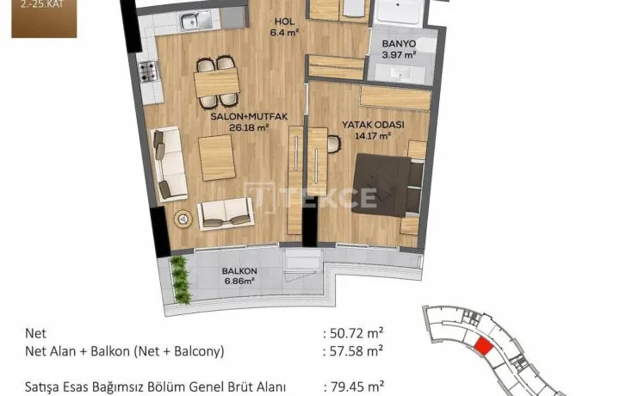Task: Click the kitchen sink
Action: tap(195, 21)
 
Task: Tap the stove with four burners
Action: tap(149, 72)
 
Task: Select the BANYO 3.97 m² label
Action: tap(399, 49)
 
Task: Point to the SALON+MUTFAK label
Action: tap(249, 116)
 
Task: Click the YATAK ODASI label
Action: tap(373, 125)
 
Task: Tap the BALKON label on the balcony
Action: tap(239, 271)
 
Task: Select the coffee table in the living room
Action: tap(217, 158)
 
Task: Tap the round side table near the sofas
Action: tap(183, 219)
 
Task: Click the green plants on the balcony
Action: tap(181, 280)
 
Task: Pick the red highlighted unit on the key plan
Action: tap(484, 347)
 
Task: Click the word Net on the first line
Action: tap(35, 333)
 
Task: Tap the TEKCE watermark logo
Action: tap(311, 198)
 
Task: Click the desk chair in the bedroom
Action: tap(334, 144)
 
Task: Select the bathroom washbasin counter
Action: tap(400, 74)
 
